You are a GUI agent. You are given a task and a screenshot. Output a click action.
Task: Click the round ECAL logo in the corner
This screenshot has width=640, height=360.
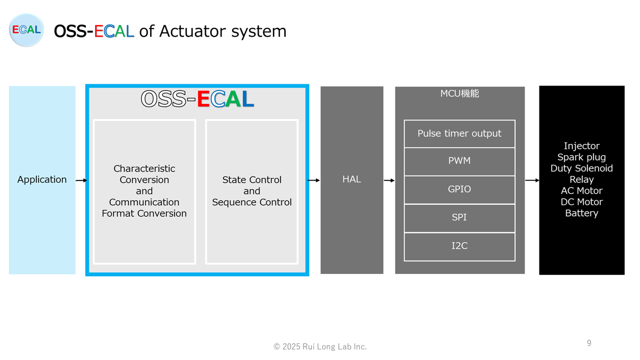coord(26,30)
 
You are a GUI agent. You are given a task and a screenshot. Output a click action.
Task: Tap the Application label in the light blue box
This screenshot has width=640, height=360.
coord(42,179)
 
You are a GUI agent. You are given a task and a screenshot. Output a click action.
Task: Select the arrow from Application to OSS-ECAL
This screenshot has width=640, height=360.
coord(81,180)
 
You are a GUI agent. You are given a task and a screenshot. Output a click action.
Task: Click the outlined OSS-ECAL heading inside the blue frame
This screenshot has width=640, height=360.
coord(197,99)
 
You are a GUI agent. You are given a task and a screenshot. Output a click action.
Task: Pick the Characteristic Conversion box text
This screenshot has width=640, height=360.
coord(144,191)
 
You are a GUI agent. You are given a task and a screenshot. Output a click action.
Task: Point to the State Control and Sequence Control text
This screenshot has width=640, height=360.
coord(251,191)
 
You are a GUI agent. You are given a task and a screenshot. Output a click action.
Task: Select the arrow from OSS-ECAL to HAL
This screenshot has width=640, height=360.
coord(313,180)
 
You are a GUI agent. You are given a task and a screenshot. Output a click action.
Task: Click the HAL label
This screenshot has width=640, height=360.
coord(351,179)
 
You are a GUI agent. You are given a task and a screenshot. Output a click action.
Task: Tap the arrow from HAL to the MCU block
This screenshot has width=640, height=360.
coord(389,180)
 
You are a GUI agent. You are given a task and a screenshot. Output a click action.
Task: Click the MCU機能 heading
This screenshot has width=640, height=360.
coord(459,93)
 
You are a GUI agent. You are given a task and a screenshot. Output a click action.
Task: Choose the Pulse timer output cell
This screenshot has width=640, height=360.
coord(459,133)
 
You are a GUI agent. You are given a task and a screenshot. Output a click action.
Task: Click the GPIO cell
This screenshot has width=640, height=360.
coord(459,189)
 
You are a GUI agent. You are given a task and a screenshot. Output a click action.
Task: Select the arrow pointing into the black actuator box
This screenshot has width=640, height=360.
coord(532,180)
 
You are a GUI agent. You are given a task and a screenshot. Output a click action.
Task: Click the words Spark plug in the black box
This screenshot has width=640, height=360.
coord(581,157)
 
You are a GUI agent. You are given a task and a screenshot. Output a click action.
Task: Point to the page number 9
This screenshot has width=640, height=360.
coord(589,343)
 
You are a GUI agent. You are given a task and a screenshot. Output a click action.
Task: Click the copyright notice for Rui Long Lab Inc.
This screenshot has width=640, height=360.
coord(320,346)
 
